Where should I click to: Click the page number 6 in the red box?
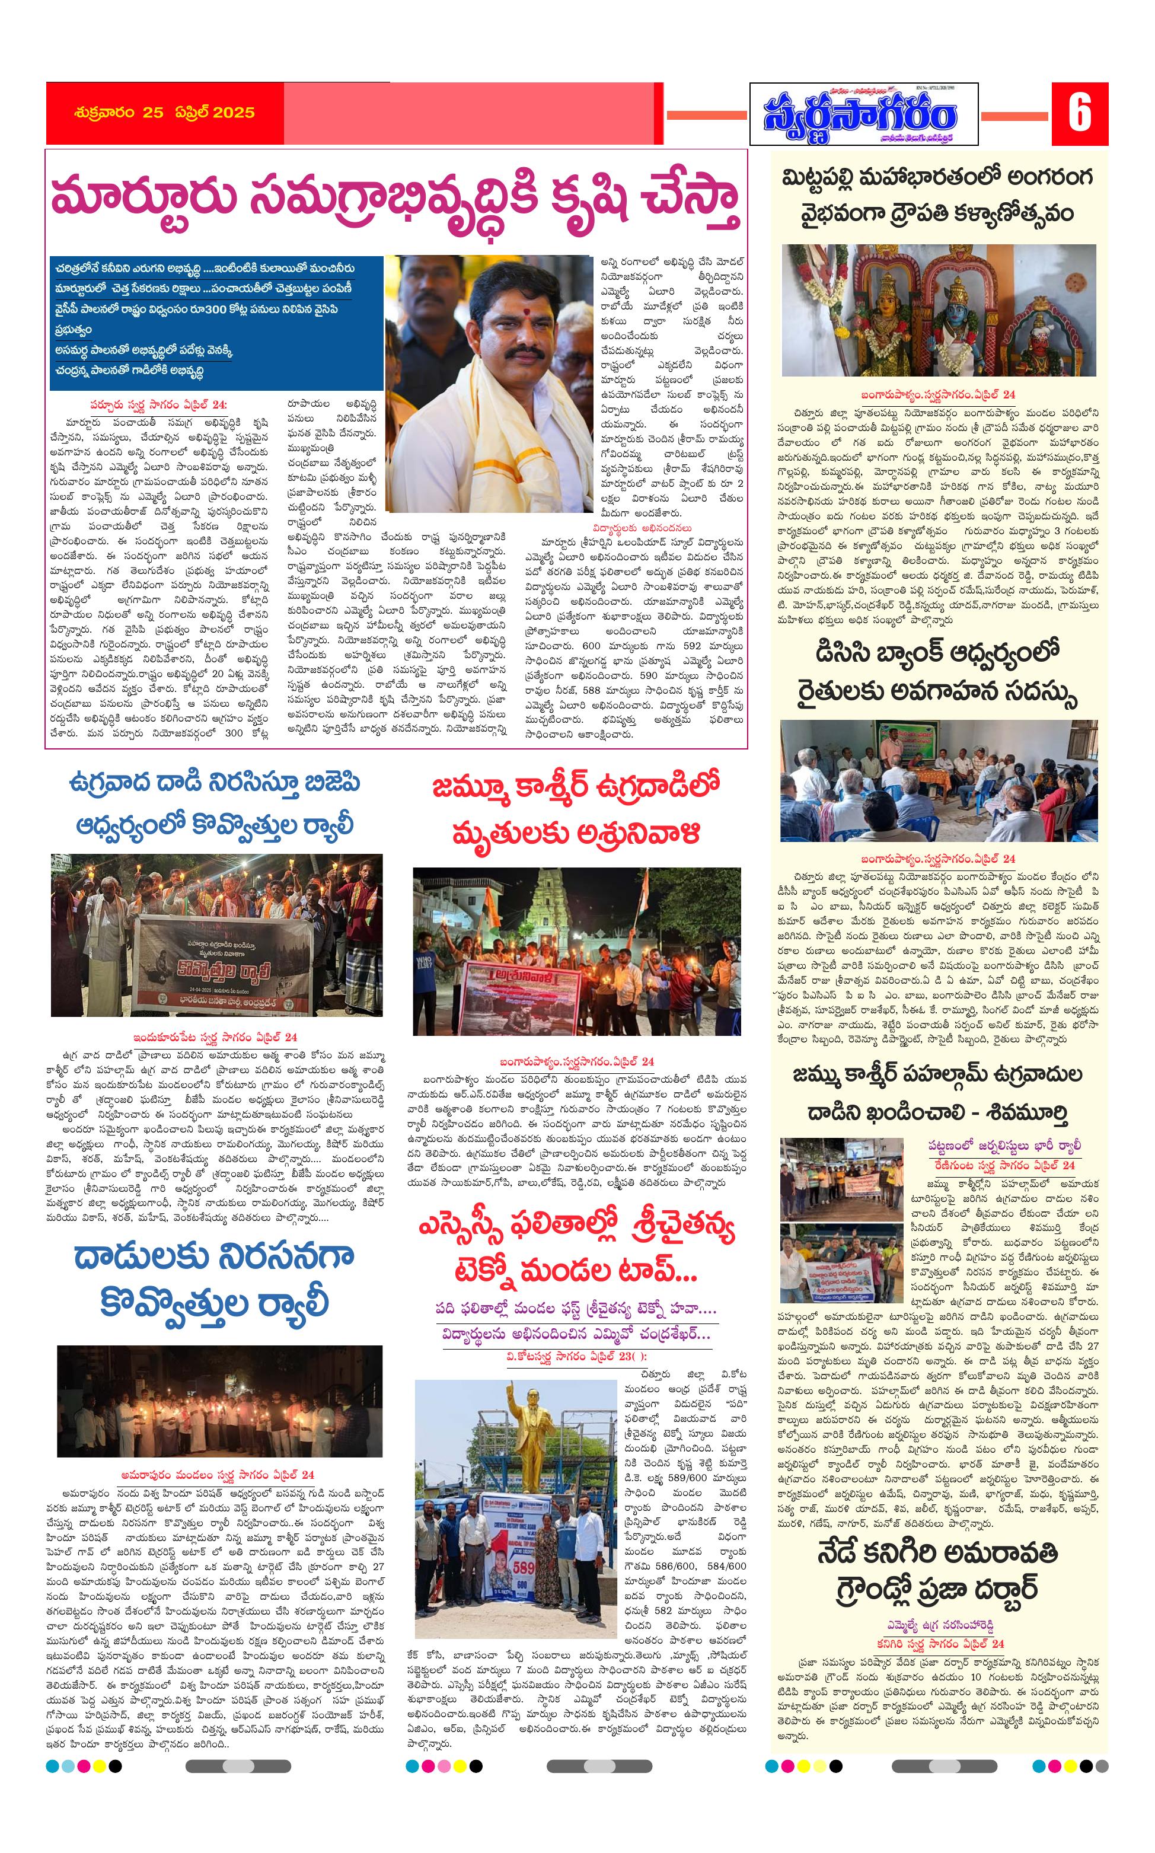(x=1079, y=114)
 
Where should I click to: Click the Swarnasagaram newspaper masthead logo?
(x=863, y=114)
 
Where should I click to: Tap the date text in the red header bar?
(x=164, y=112)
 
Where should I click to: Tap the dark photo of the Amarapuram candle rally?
(x=219, y=1402)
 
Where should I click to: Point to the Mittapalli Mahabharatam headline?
(x=938, y=194)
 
